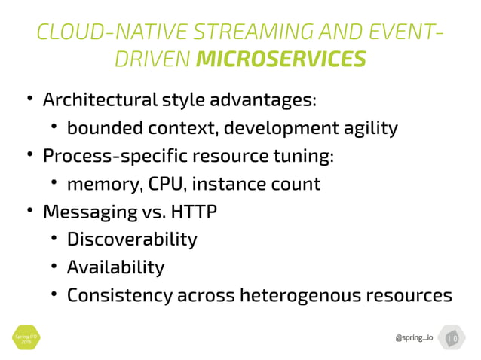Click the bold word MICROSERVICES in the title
(x=280, y=58)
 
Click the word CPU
(x=166, y=184)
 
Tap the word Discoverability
(x=132, y=239)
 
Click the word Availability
(x=115, y=267)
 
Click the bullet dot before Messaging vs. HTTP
(x=29, y=212)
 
